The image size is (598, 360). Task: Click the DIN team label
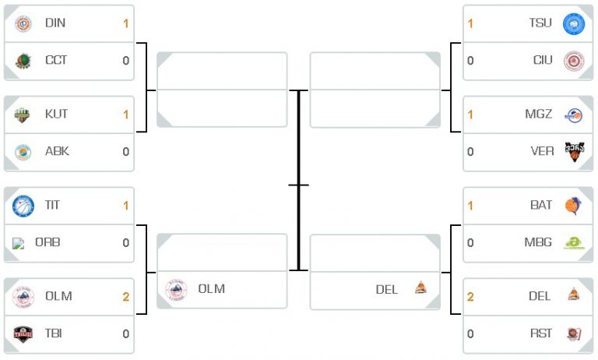point(55,23)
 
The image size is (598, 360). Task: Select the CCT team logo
point(23,61)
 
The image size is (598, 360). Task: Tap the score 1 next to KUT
point(126,115)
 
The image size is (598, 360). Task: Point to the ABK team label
point(57,151)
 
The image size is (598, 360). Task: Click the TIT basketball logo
point(23,206)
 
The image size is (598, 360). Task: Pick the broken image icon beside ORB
point(18,243)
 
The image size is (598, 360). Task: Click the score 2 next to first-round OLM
point(126,297)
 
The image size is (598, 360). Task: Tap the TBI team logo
point(23,334)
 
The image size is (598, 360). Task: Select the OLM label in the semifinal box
point(212,288)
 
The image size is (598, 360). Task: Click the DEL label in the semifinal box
point(387,289)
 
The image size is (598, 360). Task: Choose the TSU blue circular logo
point(574,23)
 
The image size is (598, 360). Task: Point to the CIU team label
point(543,60)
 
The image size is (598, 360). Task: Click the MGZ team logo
point(574,115)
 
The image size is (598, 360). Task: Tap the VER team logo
point(575,152)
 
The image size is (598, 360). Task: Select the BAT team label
point(541,205)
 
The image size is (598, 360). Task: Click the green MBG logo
point(574,243)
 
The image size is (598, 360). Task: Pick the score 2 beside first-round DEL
point(470,297)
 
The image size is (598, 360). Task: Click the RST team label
point(541,334)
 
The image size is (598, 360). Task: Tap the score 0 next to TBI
point(126,334)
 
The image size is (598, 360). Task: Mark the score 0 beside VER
point(470,152)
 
